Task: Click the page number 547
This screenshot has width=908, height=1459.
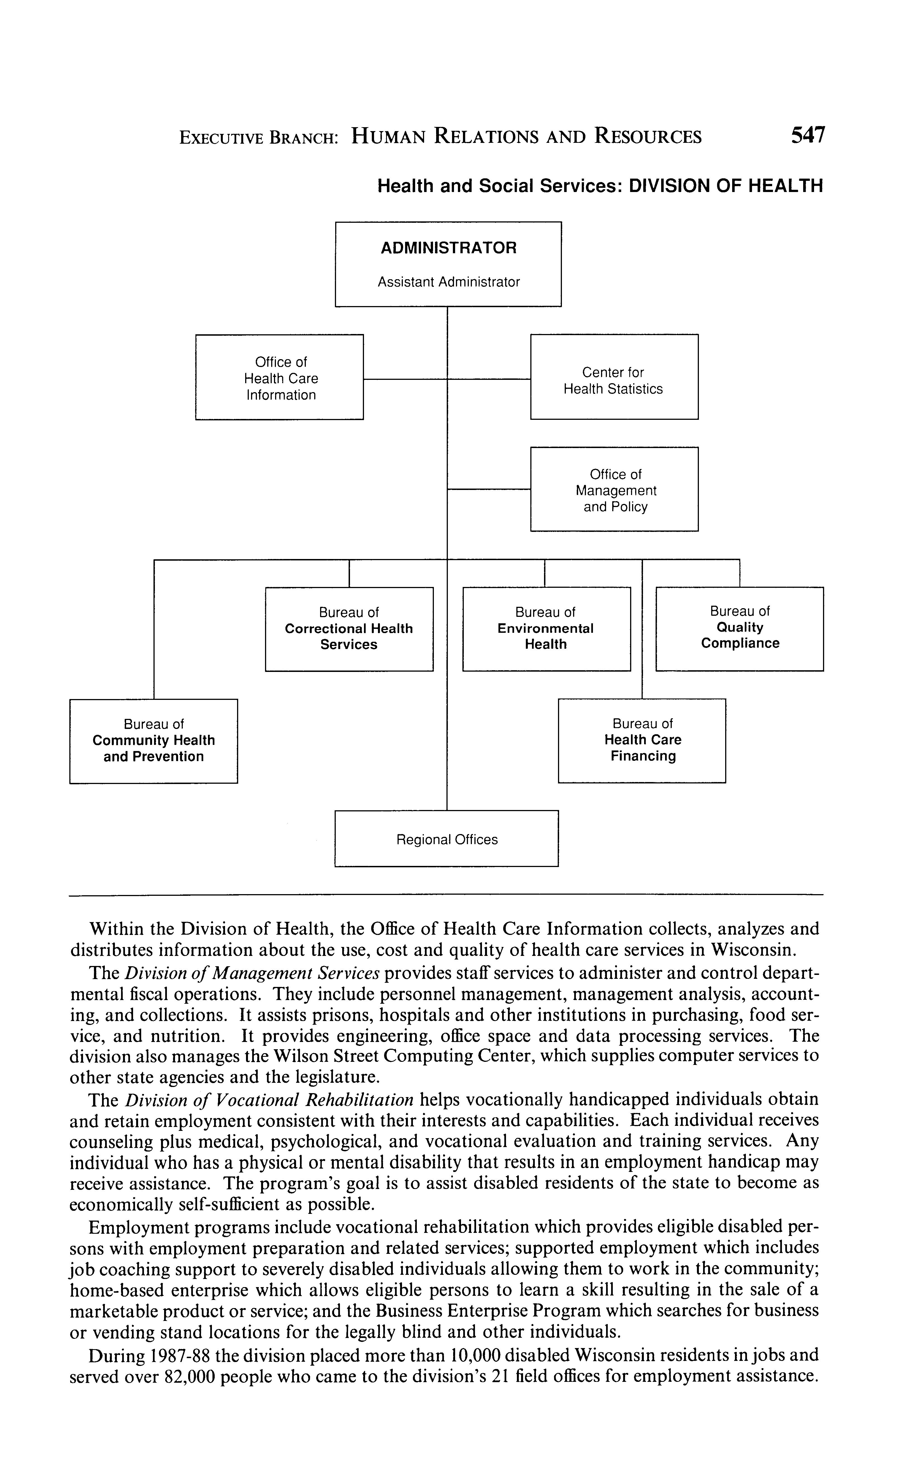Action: click(808, 135)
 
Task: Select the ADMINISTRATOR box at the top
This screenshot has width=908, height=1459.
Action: click(448, 264)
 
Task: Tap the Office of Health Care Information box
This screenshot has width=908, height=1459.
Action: click(279, 377)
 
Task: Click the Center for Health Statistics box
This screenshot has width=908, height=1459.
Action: click(614, 377)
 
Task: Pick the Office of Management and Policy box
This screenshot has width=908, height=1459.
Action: click(614, 489)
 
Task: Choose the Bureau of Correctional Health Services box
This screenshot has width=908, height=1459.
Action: click(349, 629)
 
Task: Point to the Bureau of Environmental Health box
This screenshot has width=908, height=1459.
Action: click(546, 629)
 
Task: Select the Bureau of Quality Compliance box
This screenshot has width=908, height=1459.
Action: click(739, 629)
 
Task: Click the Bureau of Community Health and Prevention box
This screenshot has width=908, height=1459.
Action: click(154, 741)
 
